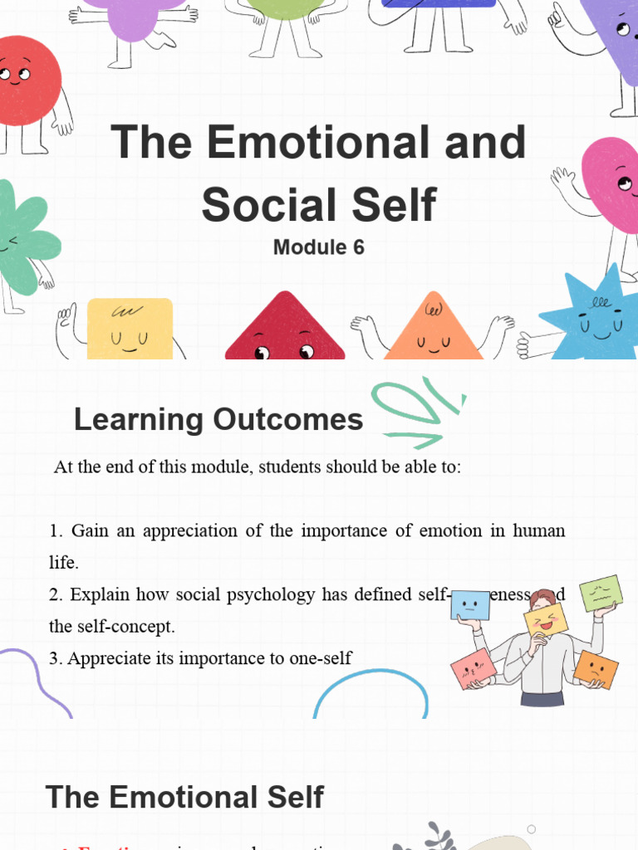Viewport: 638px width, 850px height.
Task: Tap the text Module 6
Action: click(x=319, y=247)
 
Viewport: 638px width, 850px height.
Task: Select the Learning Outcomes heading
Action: click(x=218, y=420)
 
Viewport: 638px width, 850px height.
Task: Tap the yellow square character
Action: click(x=130, y=329)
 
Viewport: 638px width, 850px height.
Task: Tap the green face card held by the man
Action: click(x=601, y=593)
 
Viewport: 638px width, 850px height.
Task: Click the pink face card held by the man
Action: click(x=474, y=668)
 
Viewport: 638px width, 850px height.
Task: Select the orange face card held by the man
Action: click(x=596, y=668)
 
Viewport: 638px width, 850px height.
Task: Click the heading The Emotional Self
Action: click(x=184, y=798)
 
